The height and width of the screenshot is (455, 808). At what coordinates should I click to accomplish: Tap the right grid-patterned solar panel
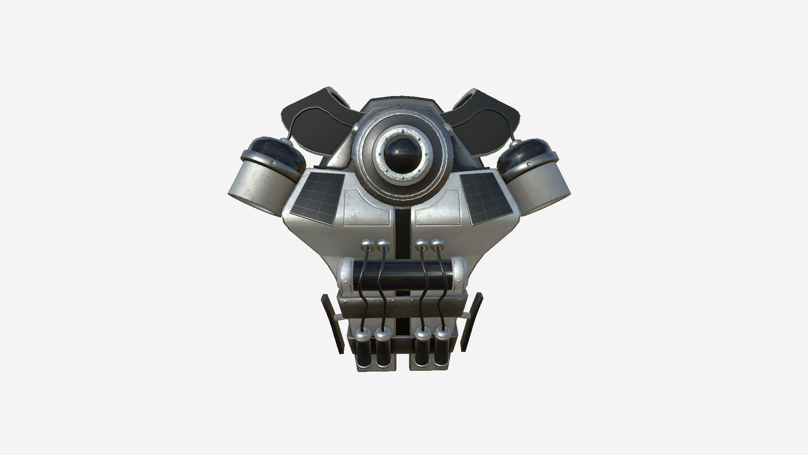pyautogui.click(x=486, y=198)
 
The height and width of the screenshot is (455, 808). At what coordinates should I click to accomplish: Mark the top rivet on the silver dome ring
pyautogui.click(x=402, y=131)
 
